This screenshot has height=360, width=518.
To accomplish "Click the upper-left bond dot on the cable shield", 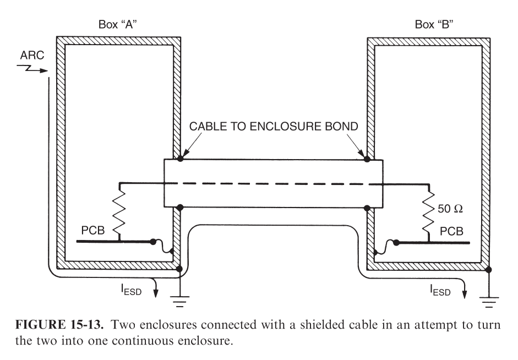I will (x=181, y=159).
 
